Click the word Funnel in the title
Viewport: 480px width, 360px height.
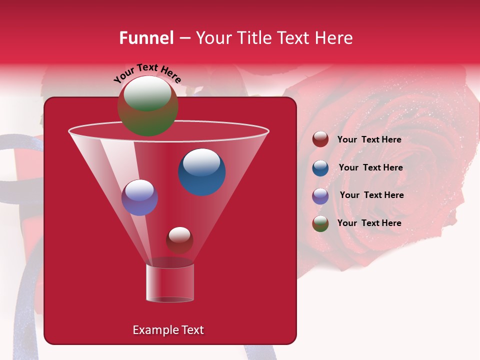(146, 38)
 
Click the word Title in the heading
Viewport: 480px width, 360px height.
(253, 38)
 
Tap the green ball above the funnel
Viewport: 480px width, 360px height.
(147, 106)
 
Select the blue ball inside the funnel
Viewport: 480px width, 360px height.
(202, 172)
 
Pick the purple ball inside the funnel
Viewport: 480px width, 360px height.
(139, 197)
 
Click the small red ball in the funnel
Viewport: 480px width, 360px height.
(179, 240)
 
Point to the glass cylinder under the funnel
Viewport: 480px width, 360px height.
(170, 282)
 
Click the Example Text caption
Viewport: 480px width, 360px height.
(168, 330)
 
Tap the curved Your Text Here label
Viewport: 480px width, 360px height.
(147, 73)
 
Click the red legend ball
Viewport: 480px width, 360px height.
(320, 139)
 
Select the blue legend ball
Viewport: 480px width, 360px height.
(320, 168)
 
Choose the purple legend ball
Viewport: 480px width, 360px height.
(320, 196)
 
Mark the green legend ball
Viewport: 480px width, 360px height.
(320, 223)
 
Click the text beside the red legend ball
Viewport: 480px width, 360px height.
(369, 139)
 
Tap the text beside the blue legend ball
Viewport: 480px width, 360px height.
(370, 167)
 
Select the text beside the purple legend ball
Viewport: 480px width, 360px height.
(371, 195)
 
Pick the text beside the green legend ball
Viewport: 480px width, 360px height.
(369, 223)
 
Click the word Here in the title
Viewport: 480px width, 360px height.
(335, 38)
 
